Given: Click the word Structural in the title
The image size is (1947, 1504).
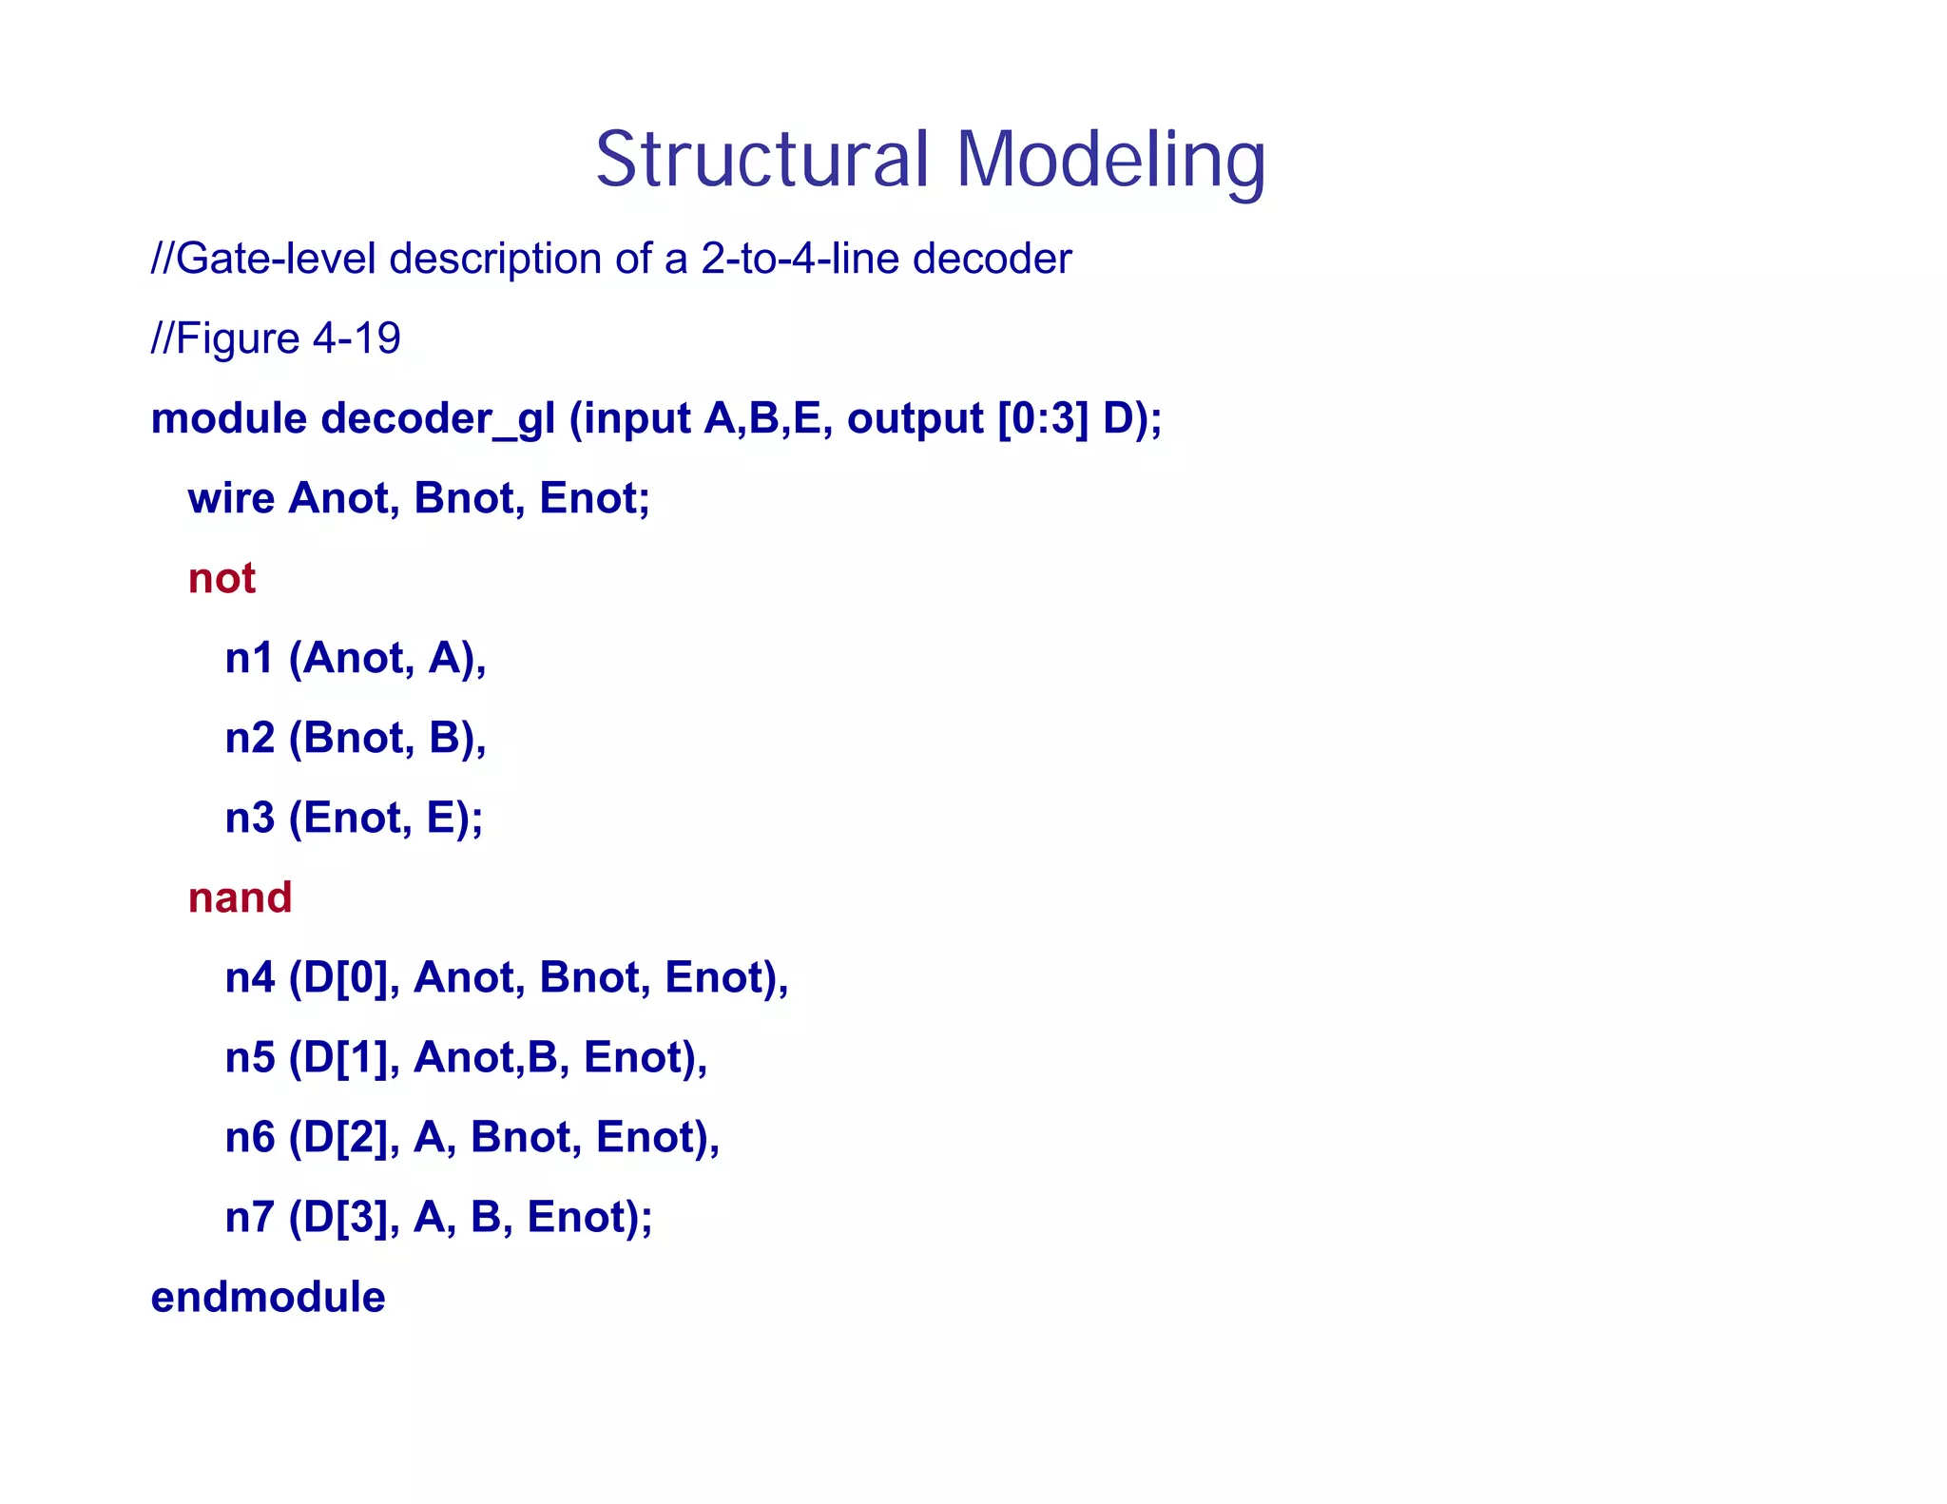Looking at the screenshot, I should tap(761, 160).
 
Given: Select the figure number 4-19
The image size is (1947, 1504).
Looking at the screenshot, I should tap(357, 338).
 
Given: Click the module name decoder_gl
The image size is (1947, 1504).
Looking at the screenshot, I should tap(437, 419).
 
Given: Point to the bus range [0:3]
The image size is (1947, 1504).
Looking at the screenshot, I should tap(1043, 419).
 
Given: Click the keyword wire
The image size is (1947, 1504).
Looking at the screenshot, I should tap(231, 498).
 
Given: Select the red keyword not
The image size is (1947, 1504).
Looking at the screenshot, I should tap(222, 578).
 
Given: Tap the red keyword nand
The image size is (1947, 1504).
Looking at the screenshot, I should tap(240, 897).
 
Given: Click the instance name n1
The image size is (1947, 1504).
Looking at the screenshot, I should tap(249, 658).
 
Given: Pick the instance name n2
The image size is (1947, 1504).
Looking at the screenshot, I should tap(249, 738).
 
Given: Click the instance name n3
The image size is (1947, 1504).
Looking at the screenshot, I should tap(249, 818).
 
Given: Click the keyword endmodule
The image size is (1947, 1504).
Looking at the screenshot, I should tap(268, 1297).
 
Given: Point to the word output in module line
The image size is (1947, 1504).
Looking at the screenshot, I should tap(915, 419).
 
